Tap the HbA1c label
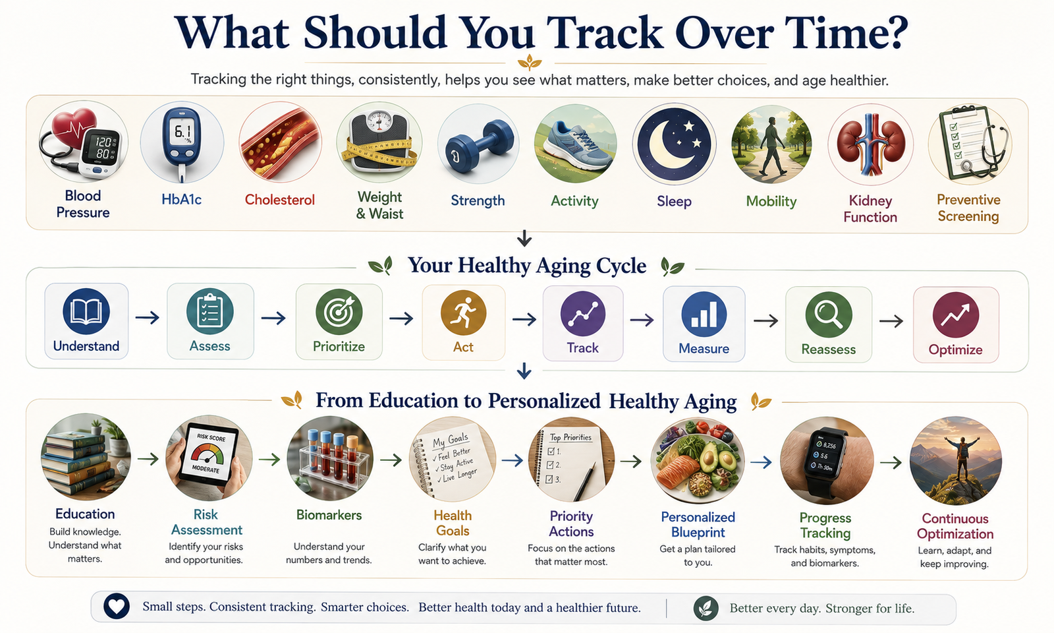[x=182, y=200]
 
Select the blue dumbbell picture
[x=478, y=144]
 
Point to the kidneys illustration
[x=870, y=144]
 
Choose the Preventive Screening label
[x=968, y=208]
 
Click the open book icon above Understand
[x=86, y=311]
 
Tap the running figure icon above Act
[x=464, y=313]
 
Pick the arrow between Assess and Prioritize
[x=274, y=318]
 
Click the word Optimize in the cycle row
[x=955, y=350]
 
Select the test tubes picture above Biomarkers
[x=330, y=458]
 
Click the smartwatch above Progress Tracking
[x=827, y=461]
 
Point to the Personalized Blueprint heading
[x=698, y=525]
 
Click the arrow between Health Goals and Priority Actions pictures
[x=513, y=460]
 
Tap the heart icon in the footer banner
[x=116, y=606]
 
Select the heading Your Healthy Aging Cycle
[x=527, y=266]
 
